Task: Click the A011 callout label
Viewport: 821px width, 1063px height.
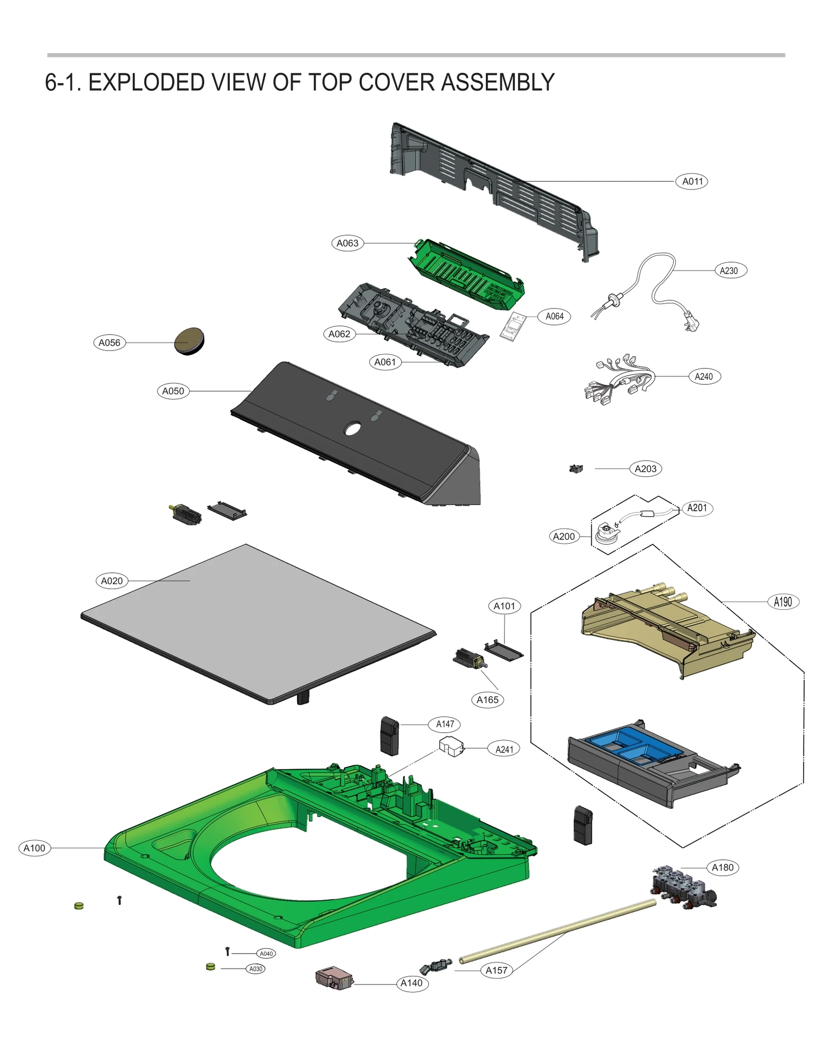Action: (692, 181)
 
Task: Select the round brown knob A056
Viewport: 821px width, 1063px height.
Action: (189, 341)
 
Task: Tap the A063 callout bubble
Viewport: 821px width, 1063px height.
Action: (347, 243)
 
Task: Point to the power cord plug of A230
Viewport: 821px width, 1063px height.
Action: (690, 323)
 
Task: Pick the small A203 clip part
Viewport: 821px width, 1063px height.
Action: (576, 469)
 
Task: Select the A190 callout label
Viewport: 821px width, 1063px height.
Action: (783, 602)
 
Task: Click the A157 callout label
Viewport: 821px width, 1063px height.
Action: (496, 970)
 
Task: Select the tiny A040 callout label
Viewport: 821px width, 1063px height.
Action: (266, 954)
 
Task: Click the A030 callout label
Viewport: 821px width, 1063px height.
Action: (256, 969)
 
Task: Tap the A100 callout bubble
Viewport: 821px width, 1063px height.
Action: (34, 848)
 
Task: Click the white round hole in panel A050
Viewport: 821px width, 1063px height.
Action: (353, 428)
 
